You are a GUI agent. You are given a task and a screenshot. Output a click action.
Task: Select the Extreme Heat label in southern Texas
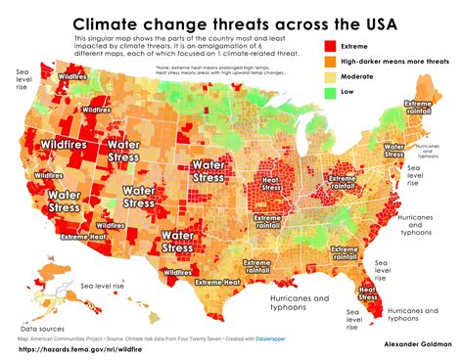click(x=219, y=283)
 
